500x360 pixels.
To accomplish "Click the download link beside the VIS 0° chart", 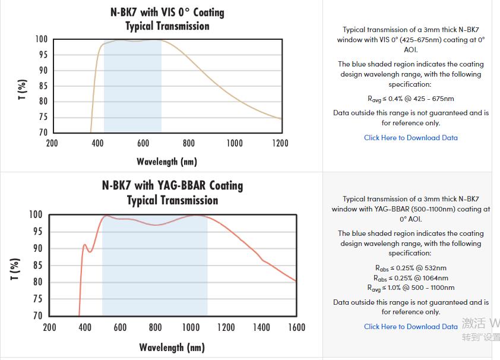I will pos(410,138).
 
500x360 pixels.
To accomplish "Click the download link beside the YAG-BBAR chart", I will pos(410,327).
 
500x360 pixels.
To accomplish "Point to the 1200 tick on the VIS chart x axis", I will pos(280,143).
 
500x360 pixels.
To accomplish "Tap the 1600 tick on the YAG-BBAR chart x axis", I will pos(296,327).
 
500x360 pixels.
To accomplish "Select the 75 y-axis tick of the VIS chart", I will pos(42,117).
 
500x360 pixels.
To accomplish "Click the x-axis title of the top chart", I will pos(166,162).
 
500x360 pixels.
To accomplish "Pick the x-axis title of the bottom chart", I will pos(172,347).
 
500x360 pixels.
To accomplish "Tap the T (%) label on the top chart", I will pos(23,90).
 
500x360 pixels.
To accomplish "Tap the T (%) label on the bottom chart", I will pos(15,269).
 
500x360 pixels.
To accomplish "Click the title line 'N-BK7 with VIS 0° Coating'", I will pos(167,12).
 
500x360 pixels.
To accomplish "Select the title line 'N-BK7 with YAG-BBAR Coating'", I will pos(172,186).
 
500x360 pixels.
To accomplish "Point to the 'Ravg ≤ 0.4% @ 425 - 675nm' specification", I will pos(410,99).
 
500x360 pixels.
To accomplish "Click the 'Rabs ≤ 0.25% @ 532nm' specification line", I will pos(410,268).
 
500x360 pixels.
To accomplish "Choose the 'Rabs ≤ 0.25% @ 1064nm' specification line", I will pos(410,278).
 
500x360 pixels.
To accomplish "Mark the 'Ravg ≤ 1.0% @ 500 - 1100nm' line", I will pos(410,288).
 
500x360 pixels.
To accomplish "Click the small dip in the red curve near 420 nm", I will pos(90,251).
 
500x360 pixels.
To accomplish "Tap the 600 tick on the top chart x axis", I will pos(143,143).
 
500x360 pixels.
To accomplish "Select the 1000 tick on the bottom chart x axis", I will pos(191,327).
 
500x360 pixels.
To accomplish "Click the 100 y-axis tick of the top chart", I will pos(41,39).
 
